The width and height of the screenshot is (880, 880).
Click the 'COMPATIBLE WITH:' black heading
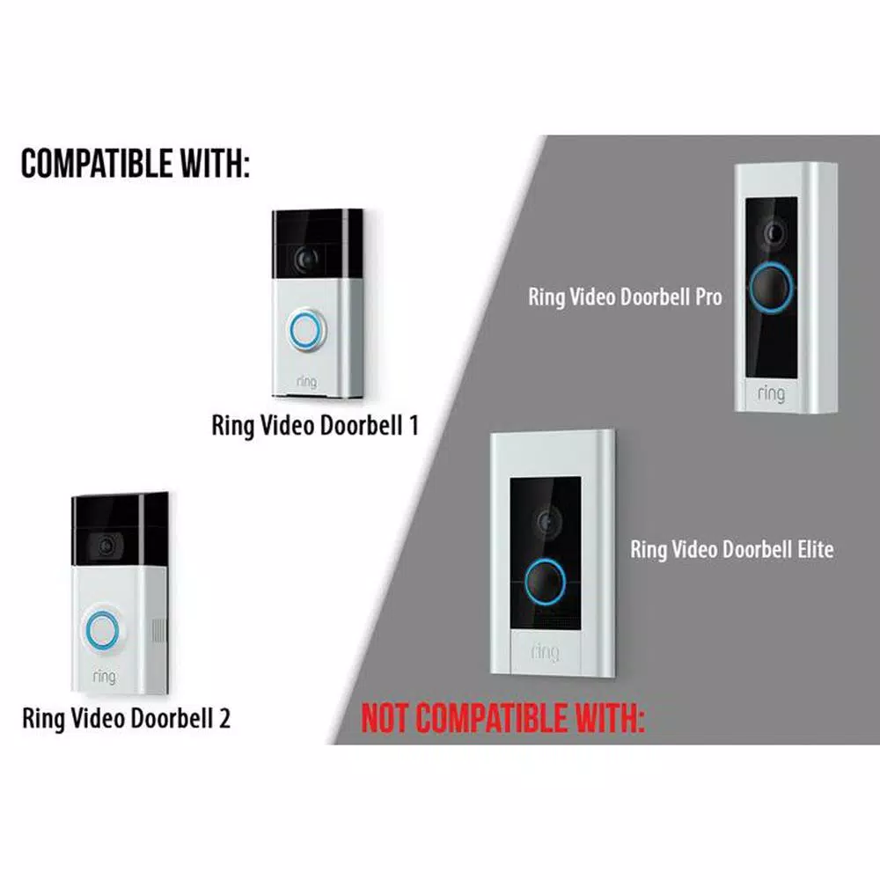coord(135,164)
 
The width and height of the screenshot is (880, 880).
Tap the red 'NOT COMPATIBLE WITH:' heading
coord(502,718)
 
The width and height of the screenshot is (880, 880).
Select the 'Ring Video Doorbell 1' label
coord(315,425)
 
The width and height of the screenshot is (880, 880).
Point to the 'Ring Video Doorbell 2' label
coord(126,718)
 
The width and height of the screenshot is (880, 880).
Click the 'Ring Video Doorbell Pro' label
coord(625,297)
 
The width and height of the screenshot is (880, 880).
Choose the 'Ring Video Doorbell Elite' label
coord(732,549)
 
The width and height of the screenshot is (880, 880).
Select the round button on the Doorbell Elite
coord(545,582)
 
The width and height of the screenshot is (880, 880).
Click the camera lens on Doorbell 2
coord(106,545)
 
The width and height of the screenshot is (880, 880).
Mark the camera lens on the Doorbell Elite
coord(547,522)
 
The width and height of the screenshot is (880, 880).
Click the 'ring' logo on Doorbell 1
coord(306,382)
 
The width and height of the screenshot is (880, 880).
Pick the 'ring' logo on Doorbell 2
coord(105,676)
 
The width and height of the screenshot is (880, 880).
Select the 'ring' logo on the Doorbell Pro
coord(771,393)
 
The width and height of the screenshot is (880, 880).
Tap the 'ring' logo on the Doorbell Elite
coord(545,651)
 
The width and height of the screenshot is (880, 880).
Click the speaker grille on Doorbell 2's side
coord(159,631)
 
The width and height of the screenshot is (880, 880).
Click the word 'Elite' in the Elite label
coord(816,549)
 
